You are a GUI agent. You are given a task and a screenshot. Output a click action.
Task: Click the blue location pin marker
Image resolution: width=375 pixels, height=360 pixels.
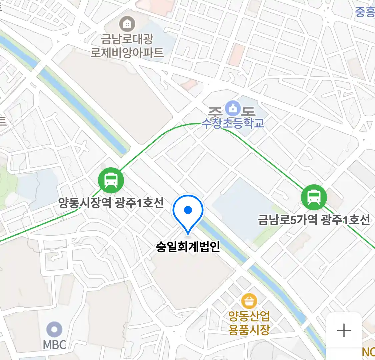188,213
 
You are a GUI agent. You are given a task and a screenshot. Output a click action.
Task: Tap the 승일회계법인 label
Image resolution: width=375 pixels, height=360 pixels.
188,247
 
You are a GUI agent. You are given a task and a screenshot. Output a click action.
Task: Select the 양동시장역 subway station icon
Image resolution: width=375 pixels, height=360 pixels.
111,180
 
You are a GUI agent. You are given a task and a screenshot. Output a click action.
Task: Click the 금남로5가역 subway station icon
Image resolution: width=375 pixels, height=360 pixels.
314,197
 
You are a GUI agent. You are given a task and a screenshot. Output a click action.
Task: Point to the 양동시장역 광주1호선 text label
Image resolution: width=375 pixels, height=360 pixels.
111,203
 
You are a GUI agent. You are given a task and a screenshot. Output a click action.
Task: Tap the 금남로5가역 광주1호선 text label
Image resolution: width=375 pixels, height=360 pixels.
314,220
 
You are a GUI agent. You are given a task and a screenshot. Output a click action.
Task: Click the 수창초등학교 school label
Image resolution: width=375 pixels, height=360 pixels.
233,123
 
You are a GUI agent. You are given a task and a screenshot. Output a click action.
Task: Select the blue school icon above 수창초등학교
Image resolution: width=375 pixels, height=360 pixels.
233,108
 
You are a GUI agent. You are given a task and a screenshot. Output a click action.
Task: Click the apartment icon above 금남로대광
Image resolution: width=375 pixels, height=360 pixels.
127,24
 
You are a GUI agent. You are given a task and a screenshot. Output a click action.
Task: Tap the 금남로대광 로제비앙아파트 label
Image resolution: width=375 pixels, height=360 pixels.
127,46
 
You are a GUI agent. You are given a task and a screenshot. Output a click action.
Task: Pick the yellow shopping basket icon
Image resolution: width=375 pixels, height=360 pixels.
249,301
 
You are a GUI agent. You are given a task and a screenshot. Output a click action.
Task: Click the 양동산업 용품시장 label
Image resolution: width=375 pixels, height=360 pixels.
249,322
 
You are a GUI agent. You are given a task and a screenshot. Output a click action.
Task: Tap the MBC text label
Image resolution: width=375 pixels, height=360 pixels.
54,345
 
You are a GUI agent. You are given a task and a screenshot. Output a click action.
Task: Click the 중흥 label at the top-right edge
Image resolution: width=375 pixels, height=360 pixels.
365,12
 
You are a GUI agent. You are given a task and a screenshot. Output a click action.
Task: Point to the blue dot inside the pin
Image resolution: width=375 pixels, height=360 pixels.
188,210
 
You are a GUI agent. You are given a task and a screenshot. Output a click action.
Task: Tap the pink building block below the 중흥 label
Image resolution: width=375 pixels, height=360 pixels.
237,55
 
